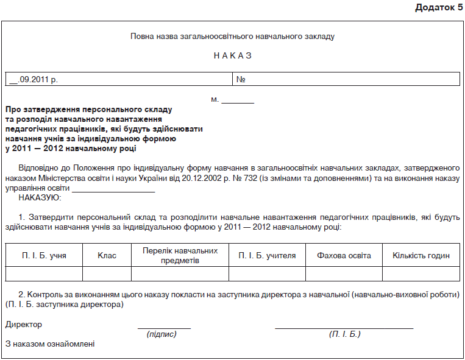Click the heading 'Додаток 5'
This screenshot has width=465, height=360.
(439, 7)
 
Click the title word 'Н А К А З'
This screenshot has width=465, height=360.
(233, 55)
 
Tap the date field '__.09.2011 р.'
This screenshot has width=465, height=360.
(34, 79)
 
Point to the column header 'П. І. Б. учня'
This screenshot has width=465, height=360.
(44, 255)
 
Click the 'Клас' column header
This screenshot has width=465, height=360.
(107, 255)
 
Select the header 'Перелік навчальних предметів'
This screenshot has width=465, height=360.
(180, 255)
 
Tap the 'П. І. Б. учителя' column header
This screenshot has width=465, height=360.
(267, 255)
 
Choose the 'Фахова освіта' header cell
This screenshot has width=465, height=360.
(344, 255)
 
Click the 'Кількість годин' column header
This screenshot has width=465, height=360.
(421, 255)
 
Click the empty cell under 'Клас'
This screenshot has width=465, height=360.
(107, 274)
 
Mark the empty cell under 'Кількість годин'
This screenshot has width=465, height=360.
(421, 274)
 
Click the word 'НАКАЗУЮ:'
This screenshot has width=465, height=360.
(40, 197)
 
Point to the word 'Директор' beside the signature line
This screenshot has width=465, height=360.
(23, 325)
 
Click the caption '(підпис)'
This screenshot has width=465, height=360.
(162, 334)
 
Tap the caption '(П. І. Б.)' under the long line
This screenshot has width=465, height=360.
(345, 334)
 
